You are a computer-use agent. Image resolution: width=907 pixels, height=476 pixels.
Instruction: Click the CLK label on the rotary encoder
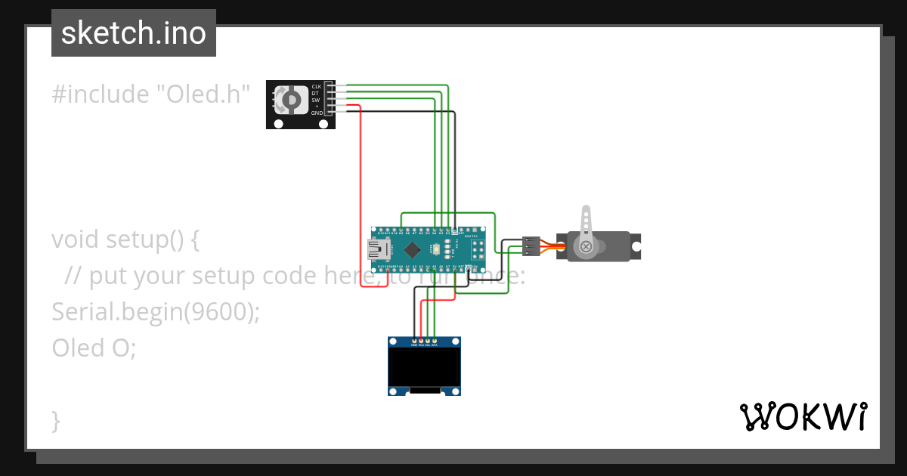316,87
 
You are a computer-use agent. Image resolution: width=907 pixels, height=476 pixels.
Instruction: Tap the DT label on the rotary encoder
315,93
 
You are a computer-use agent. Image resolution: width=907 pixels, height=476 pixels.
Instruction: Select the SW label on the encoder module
315,100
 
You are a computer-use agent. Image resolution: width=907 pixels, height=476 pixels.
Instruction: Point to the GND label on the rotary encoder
316,113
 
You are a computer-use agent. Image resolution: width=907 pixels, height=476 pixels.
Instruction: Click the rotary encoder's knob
288,100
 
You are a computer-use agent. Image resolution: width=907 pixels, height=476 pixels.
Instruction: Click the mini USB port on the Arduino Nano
376,249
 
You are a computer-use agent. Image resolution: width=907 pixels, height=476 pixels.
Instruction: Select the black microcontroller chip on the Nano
412,249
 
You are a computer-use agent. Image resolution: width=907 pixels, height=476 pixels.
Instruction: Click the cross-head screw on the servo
585,246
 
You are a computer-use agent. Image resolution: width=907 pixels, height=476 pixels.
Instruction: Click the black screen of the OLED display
424,366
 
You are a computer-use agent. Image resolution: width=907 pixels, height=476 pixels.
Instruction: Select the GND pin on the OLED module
413,343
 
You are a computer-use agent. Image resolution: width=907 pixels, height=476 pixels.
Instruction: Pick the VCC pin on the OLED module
420,343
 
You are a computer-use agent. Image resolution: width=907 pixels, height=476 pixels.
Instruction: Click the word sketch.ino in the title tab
134,33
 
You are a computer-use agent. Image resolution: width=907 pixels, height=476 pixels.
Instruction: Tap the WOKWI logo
803,417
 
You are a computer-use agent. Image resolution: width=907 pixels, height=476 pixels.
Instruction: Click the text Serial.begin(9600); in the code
155,311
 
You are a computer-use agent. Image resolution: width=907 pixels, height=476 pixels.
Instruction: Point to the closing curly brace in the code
56,420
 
